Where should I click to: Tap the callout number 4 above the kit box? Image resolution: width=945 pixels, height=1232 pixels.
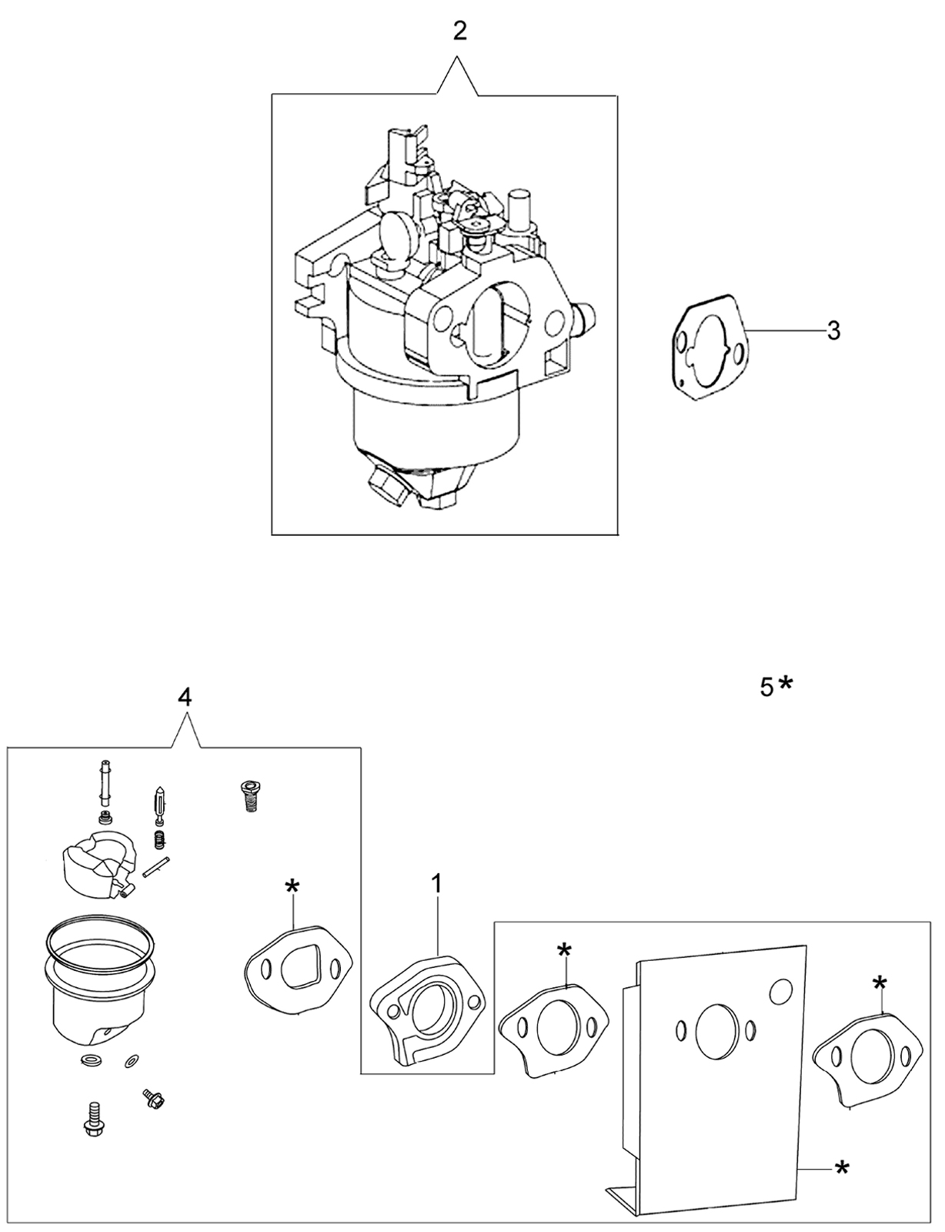185,698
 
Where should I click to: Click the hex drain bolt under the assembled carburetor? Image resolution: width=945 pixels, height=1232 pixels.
387,484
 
